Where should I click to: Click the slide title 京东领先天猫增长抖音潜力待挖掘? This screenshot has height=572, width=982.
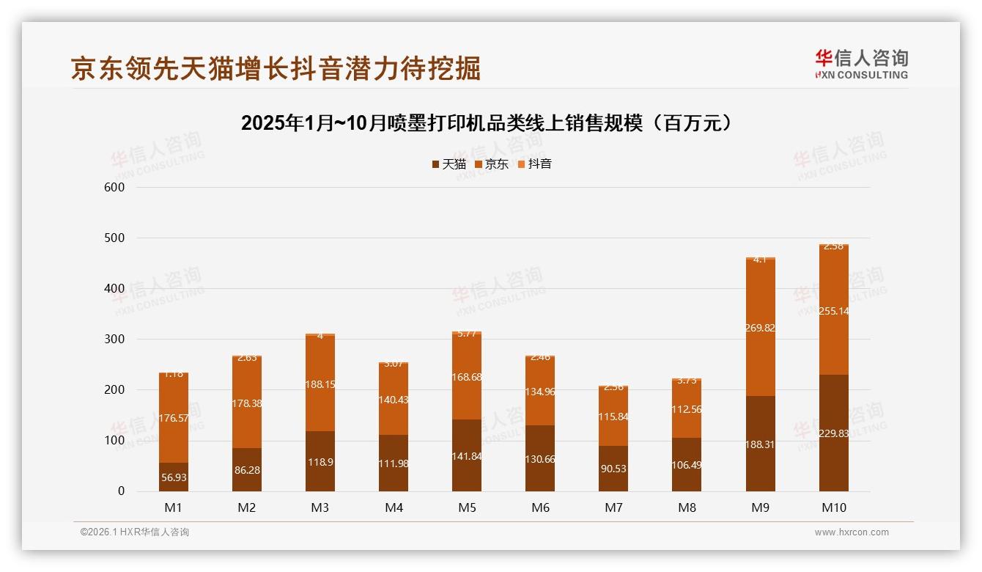pyautogui.click(x=276, y=68)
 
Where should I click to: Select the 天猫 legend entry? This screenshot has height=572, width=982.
pyautogui.click(x=449, y=164)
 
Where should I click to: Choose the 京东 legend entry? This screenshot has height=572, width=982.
pyautogui.click(x=492, y=164)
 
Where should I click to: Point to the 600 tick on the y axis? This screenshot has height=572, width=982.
pyautogui.click(x=115, y=187)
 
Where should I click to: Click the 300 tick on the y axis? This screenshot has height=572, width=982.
pyautogui.click(x=115, y=340)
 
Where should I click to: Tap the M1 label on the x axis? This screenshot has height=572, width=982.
pyautogui.click(x=174, y=507)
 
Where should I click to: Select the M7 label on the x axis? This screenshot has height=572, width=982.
pyautogui.click(x=613, y=507)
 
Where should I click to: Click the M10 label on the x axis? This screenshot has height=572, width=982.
pyautogui.click(x=833, y=507)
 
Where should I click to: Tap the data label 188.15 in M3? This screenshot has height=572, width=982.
pyautogui.click(x=320, y=384)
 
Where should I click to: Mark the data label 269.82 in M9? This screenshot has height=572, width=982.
pyautogui.click(x=760, y=328)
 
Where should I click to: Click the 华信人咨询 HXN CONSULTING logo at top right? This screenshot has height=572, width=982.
pyautogui.click(x=861, y=65)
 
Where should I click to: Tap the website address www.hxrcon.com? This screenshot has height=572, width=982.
pyautogui.click(x=852, y=532)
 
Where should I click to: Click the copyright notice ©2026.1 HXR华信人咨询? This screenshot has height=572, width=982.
pyautogui.click(x=135, y=532)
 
